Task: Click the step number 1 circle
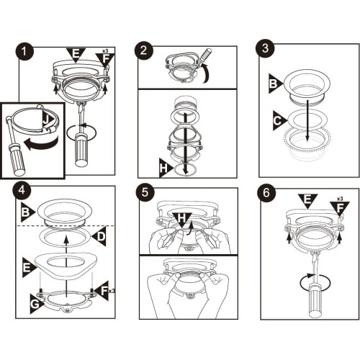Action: [24, 51]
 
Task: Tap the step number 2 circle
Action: [143, 50]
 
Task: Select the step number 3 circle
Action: [265, 48]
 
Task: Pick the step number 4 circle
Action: [22, 190]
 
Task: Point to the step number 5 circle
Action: [145, 193]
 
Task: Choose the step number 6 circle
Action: [266, 193]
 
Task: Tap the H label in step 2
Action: [165, 168]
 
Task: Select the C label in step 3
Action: [279, 120]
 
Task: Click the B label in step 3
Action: [275, 84]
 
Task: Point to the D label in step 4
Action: [99, 236]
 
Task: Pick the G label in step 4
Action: [36, 304]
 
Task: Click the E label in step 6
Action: [307, 200]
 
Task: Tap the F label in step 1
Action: [105, 60]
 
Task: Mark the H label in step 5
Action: [182, 219]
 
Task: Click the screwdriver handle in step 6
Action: [316, 300]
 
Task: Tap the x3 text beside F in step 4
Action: [112, 291]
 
